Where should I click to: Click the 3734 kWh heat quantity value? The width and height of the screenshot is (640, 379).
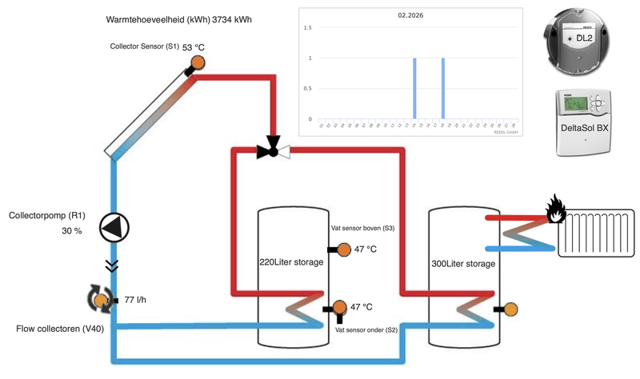[232, 19]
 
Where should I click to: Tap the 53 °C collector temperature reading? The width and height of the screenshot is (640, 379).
[192, 48]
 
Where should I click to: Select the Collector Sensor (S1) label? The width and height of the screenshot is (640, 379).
[144, 46]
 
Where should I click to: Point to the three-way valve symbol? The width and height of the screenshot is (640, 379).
[273, 150]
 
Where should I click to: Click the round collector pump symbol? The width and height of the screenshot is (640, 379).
[114, 228]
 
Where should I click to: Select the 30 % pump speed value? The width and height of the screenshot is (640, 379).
[72, 231]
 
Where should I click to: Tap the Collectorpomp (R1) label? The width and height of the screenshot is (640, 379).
[47, 216]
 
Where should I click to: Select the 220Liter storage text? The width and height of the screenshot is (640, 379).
[291, 262]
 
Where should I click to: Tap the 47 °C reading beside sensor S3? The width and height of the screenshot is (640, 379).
[366, 249]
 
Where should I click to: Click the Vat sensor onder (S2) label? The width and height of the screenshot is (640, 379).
[366, 329]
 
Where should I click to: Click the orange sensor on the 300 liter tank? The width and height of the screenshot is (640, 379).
[510, 309]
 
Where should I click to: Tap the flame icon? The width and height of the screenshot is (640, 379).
[556, 210]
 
